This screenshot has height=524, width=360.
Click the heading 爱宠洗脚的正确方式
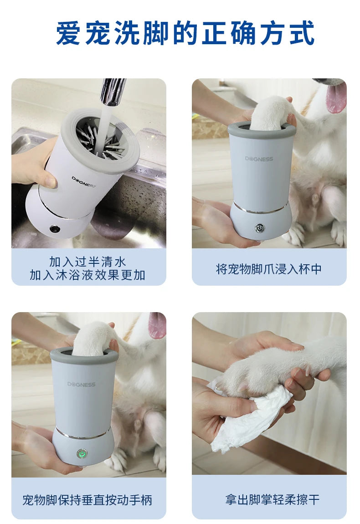pyautogui.click(x=185, y=33)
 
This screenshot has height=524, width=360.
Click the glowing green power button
pyautogui.click(x=82, y=454)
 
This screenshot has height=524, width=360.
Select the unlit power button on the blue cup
pyautogui.click(x=259, y=228)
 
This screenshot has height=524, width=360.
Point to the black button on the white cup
pyautogui.click(x=55, y=229)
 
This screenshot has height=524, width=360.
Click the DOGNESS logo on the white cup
pyautogui.click(x=83, y=182)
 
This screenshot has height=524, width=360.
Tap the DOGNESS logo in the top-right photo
pyautogui.click(x=259, y=159)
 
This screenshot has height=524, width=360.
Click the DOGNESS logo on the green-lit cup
pyautogui.click(x=81, y=384)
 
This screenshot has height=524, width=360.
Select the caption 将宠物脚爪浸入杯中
pyautogui.click(x=269, y=269)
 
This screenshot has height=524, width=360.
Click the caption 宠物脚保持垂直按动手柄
pyautogui.click(x=87, y=500)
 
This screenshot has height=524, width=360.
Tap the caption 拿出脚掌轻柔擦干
pyautogui.click(x=272, y=500)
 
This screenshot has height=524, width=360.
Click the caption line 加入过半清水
pyautogui.click(x=87, y=262)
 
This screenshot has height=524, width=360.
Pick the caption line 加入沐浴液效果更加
pyautogui.click(x=87, y=275)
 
